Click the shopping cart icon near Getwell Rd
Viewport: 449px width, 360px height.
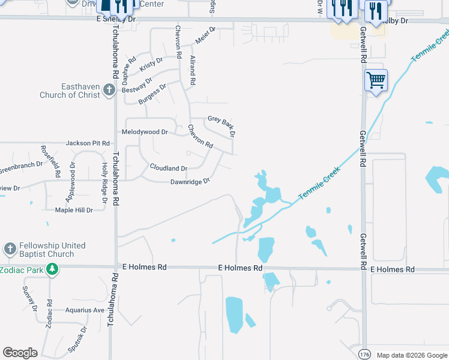click(376, 79)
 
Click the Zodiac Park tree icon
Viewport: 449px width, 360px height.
click(52, 269)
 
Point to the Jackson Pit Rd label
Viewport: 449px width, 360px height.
click(88, 143)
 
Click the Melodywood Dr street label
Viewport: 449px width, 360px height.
click(144, 131)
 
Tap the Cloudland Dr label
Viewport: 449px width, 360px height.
click(168, 169)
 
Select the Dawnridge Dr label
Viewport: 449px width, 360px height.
click(190, 181)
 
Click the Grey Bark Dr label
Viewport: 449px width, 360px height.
click(221, 124)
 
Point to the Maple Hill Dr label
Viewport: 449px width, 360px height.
click(74, 210)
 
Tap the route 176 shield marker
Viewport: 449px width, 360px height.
click(364, 354)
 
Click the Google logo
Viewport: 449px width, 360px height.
click(20, 353)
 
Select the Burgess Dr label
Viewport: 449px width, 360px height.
click(152, 94)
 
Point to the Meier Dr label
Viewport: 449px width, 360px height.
click(205, 35)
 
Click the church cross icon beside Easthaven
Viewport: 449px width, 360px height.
click(109, 90)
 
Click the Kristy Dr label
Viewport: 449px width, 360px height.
click(151, 65)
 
